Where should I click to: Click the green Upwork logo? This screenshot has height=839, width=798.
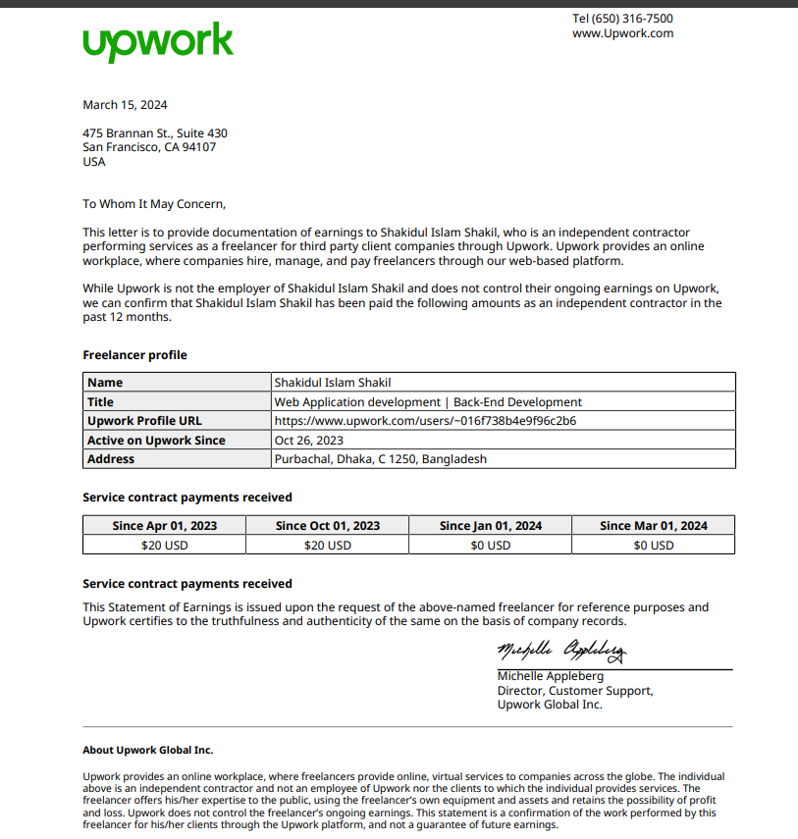coord(158,42)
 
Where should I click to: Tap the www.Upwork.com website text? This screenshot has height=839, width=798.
coord(622,33)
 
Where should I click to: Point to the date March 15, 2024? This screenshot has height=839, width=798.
coord(125,105)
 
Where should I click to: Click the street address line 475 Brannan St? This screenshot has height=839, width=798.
coord(155,133)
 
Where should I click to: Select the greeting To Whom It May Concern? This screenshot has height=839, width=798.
coord(154,204)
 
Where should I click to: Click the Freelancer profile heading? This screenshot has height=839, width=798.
coord(134,355)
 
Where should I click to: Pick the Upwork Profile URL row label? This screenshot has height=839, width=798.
coord(144,421)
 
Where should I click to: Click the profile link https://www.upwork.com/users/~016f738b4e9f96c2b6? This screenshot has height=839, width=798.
coord(425,421)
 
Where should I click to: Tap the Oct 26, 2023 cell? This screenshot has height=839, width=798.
coord(308,441)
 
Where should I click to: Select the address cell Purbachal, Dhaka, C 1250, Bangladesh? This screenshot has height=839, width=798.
coord(381,459)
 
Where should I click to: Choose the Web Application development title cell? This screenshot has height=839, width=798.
coord(428,402)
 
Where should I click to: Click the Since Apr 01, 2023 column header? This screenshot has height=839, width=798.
coord(165,526)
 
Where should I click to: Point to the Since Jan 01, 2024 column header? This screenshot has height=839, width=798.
coord(491,526)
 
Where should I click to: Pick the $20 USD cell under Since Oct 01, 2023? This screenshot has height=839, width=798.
coord(328,546)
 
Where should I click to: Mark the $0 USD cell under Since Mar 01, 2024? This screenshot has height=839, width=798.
coord(654,546)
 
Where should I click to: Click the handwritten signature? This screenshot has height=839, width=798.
coord(561,651)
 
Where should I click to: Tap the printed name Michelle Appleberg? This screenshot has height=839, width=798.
coord(551,676)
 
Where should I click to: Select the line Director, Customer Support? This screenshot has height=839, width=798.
coord(575,691)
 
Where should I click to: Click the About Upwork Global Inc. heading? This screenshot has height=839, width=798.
coord(147,750)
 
